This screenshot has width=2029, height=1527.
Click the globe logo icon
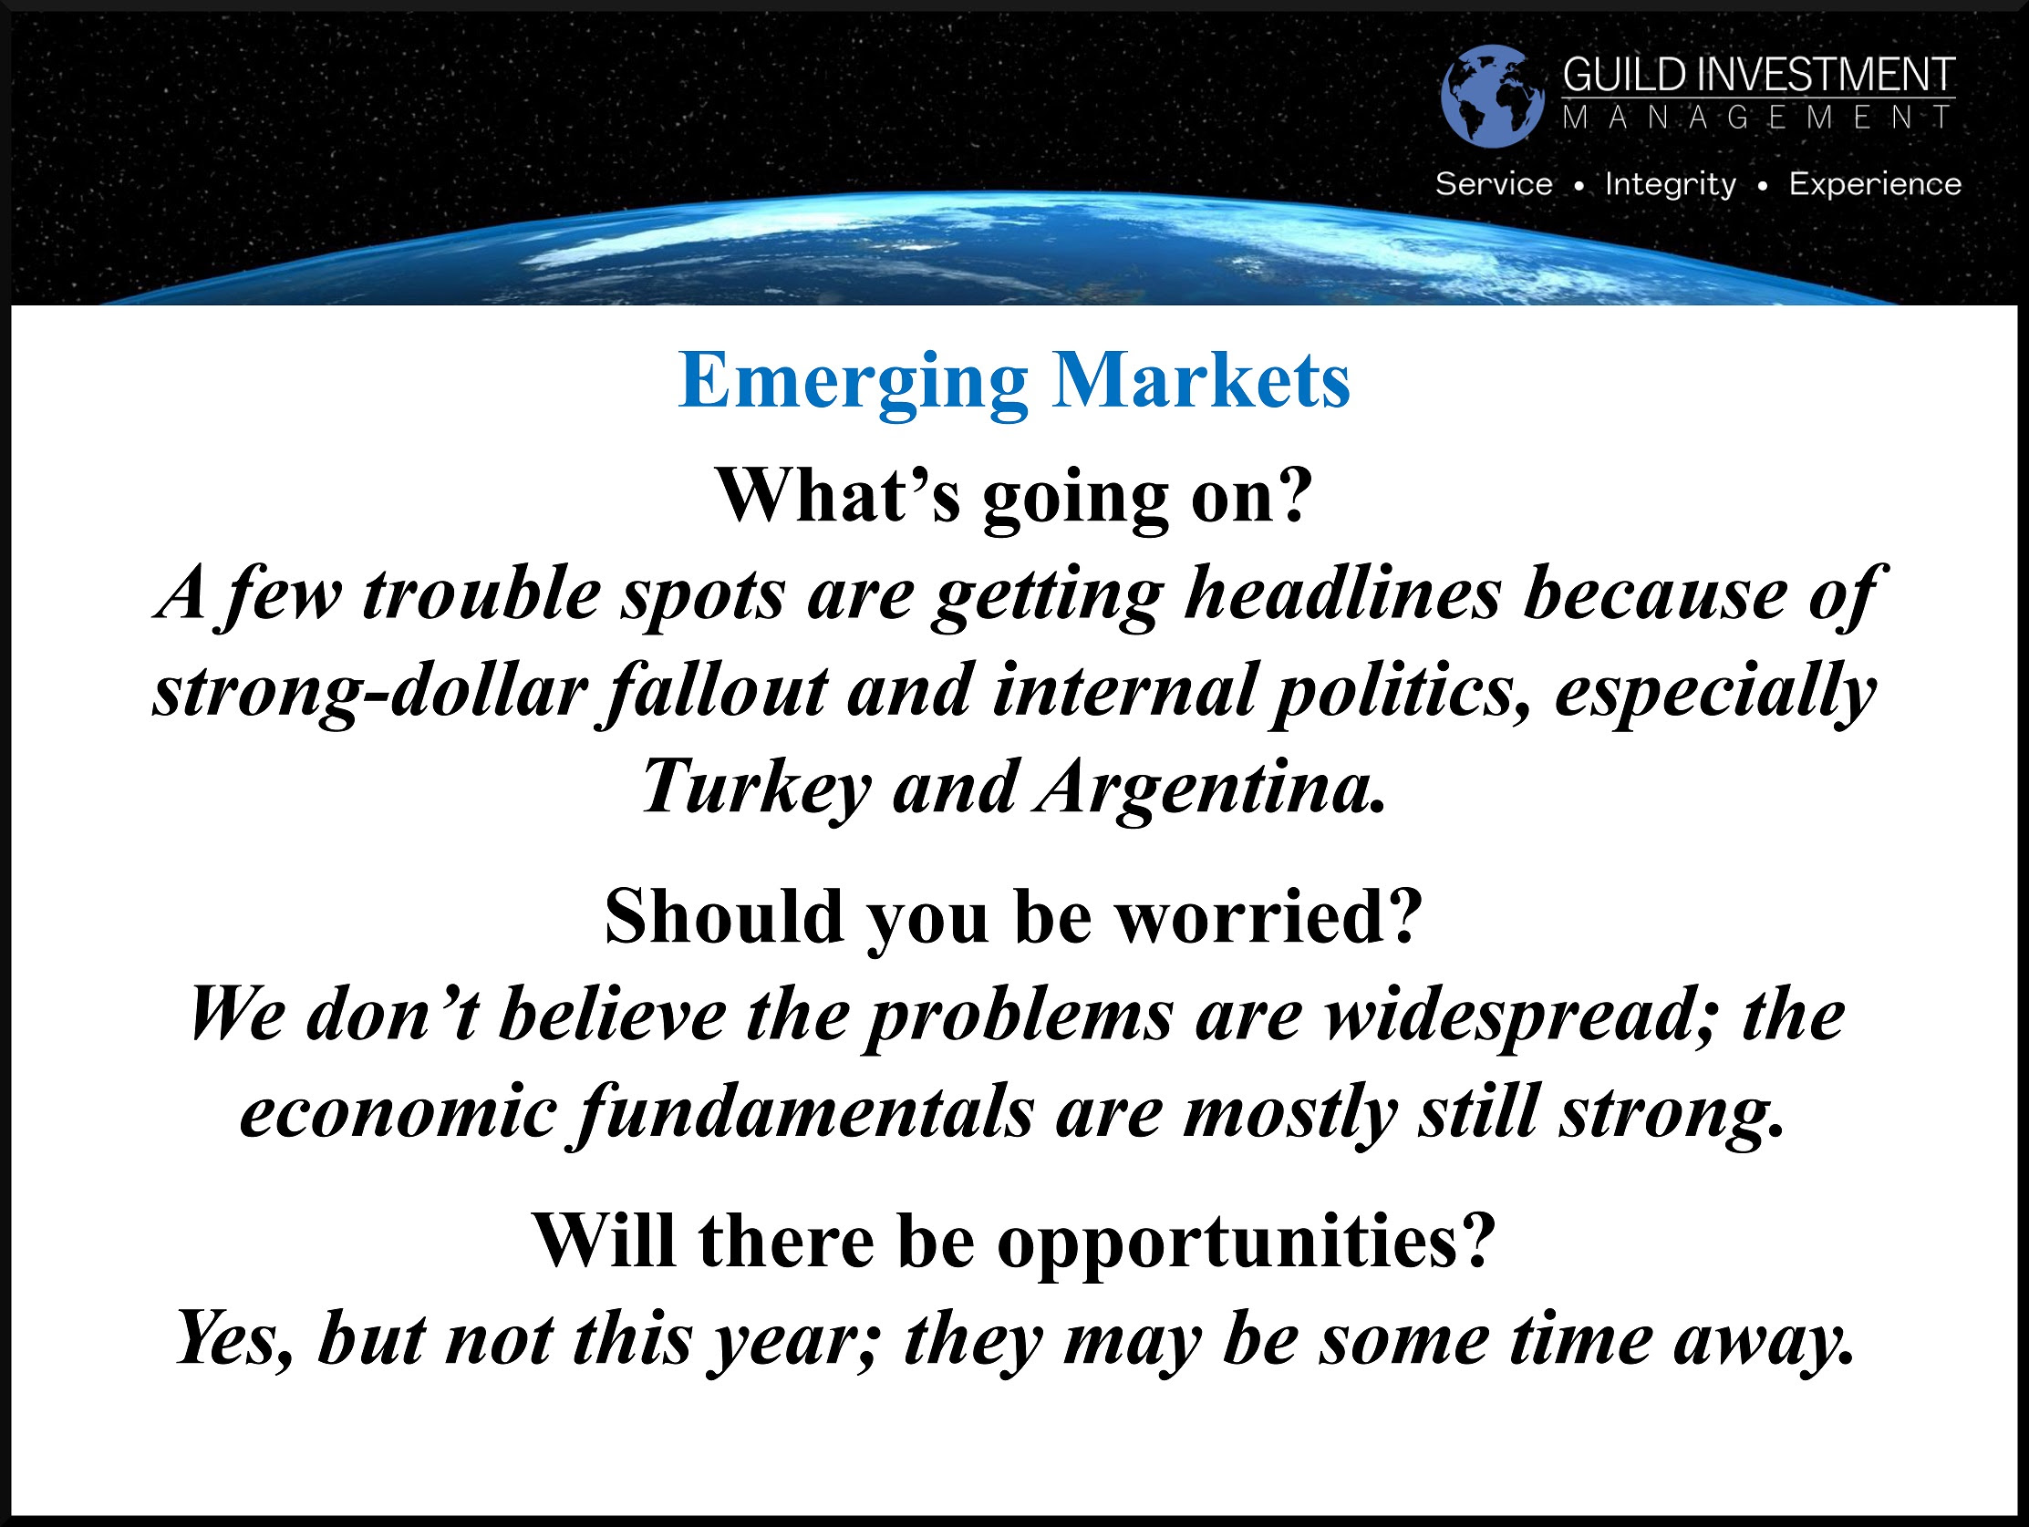point(1492,97)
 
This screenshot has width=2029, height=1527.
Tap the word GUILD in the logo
point(1624,75)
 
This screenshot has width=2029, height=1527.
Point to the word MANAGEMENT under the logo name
point(1758,118)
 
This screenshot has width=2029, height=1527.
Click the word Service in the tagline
point(1494,183)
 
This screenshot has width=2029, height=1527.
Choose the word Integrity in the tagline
point(1671,185)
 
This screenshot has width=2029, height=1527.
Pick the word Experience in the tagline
point(1875,185)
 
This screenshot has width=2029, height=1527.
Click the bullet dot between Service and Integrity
point(1579,186)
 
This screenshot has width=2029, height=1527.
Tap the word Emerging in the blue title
point(853,383)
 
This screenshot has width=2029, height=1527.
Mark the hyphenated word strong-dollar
point(369,693)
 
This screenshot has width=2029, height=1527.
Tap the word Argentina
point(1209,789)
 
